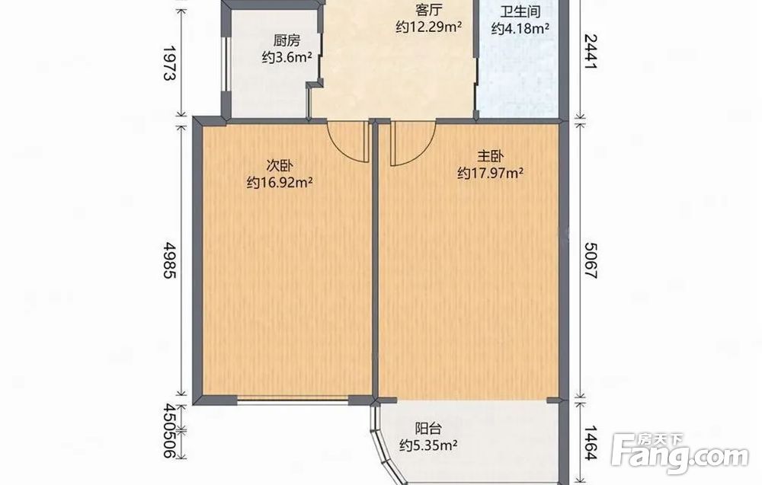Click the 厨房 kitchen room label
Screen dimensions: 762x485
pyautogui.click(x=287, y=41)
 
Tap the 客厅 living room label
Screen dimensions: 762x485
pyautogui.click(x=428, y=10)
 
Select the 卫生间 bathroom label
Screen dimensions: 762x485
pyautogui.click(x=520, y=12)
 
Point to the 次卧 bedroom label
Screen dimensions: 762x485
pyautogui.click(x=280, y=166)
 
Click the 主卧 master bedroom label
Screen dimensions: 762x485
pyautogui.click(x=490, y=156)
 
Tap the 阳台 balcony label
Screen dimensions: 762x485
pyautogui.click(x=428, y=429)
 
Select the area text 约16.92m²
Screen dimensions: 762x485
pyautogui.click(x=280, y=183)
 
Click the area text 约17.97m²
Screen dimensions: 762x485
pyautogui.click(x=490, y=174)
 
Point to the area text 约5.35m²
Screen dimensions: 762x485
pyautogui.click(x=428, y=445)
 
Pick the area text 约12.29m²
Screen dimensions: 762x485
pyautogui.click(x=428, y=27)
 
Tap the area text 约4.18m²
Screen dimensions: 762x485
pyautogui.click(x=520, y=29)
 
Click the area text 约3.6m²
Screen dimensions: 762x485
pyautogui.click(x=287, y=58)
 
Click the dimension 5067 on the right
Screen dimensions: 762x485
pyautogui.click(x=590, y=260)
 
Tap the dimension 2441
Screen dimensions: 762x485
pyautogui.click(x=590, y=52)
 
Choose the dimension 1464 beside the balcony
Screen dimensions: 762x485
pyautogui.click(x=590, y=442)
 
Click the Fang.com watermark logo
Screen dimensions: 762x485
pyautogui.click(x=680, y=453)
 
